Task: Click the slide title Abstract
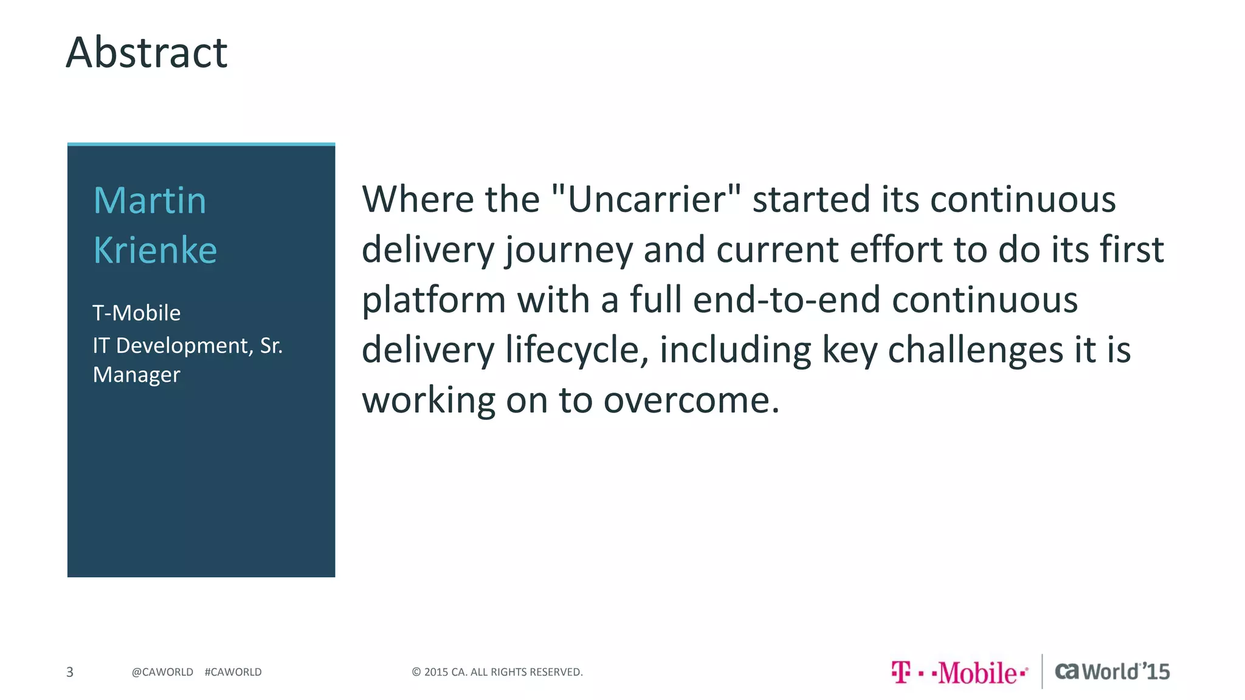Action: click(x=147, y=53)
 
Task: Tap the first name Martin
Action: click(x=150, y=201)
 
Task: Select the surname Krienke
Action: click(x=155, y=250)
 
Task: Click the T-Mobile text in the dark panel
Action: click(x=136, y=313)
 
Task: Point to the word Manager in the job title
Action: click(x=136, y=375)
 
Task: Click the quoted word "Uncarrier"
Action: click(x=646, y=199)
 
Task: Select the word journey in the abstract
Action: click(x=569, y=250)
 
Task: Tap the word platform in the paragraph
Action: click(x=433, y=300)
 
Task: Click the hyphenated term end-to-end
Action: click(x=787, y=300)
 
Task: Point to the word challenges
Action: click(x=975, y=350)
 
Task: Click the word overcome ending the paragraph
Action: click(x=691, y=400)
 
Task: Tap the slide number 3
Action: click(x=70, y=672)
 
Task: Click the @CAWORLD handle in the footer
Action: click(x=162, y=672)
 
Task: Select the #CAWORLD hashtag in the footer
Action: click(x=233, y=672)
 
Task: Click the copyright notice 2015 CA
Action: click(x=497, y=672)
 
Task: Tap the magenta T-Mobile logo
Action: click(x=959, y=673)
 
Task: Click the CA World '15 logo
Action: click(x=1112, y=671)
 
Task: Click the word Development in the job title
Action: click(x=183, y=346)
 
